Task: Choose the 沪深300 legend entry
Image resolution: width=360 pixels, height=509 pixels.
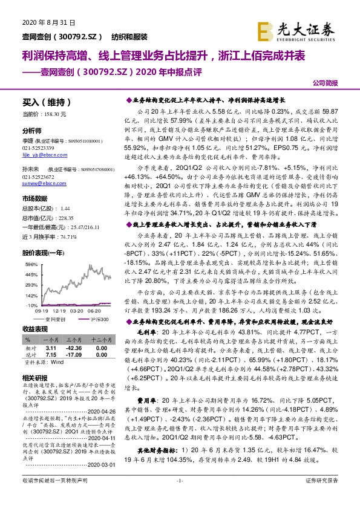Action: (x=99, y=319)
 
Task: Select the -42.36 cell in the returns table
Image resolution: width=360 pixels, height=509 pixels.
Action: (x=74, y=348)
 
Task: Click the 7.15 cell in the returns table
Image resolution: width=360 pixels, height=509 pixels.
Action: (x=51, y=354)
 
